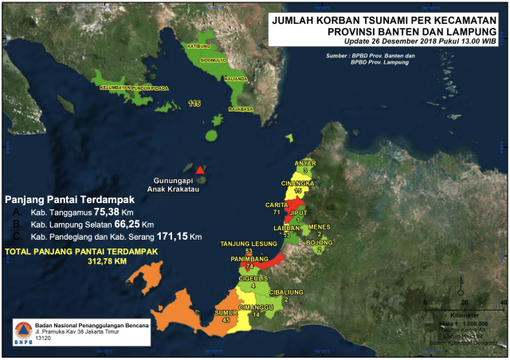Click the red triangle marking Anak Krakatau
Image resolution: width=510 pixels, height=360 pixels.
(x=200, y=170)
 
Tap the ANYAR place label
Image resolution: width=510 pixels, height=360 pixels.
(x=305, y=162)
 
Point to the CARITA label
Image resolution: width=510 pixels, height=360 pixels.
(x=277, y=205)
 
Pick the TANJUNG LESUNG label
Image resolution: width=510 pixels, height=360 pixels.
(x=248, y=243)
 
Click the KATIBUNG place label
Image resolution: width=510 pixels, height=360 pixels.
(x=188, y=47)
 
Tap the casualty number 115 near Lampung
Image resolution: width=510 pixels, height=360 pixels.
(x=195, y=104)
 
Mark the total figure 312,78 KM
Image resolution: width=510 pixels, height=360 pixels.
(x=108, y=260)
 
